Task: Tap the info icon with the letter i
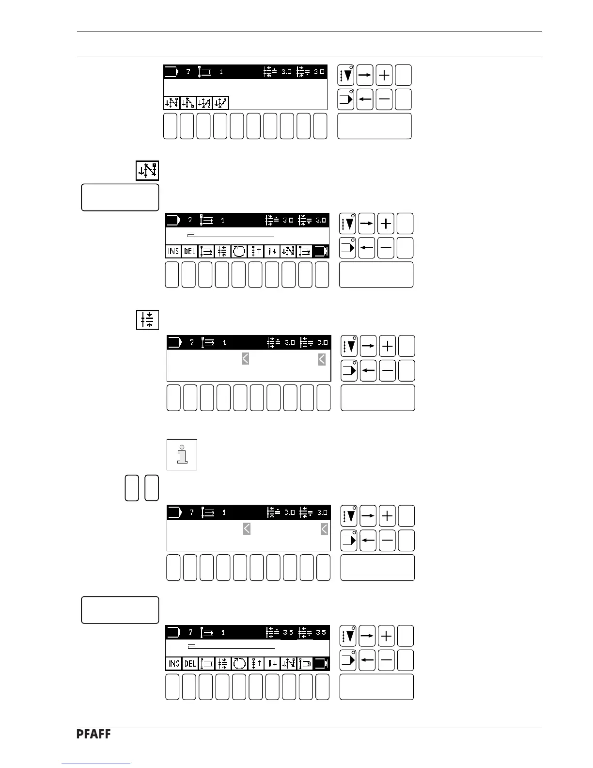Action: click(182, 454)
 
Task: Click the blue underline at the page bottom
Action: click(96, 764)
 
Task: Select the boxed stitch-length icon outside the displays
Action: click(147, 320)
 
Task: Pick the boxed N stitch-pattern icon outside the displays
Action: click(147, 171)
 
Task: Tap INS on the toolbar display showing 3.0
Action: click(173, 251)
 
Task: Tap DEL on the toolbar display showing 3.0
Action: click(189, 251)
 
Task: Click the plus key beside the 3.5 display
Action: click(386, 636)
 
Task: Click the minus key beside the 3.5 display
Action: click(386, 660)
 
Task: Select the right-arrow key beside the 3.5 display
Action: click(367, 636)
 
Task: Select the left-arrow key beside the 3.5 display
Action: click(367, 660)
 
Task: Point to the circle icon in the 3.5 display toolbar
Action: click(239, 663)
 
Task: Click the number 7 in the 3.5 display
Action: click(190, 632)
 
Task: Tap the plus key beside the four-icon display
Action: click(384, 75)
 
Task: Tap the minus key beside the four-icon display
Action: click(384, 99)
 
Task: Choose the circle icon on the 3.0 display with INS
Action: click(239, 251)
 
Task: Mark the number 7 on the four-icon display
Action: click(188, 72)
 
